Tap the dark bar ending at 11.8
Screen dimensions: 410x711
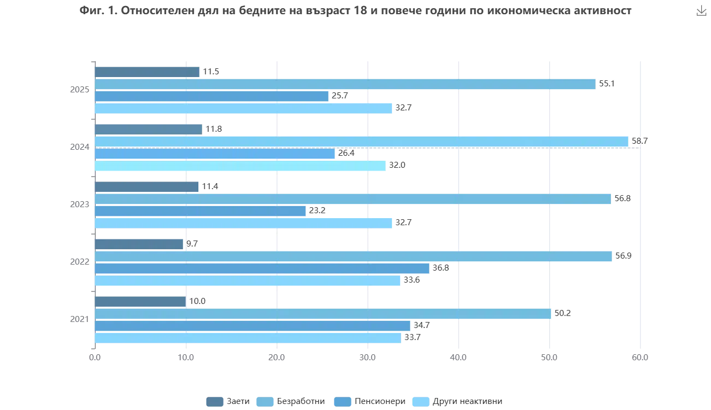click(149, 130)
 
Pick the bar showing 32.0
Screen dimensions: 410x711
click(241, 166)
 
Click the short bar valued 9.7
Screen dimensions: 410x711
click(139, 244)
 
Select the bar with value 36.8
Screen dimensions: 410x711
click(262, 268)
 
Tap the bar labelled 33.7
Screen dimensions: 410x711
click(248, 338)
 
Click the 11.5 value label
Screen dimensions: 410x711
click(211, 72)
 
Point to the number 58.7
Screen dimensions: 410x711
click(640, 141)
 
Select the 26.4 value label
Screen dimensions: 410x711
click(346, 153)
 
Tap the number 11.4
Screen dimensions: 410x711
click(210, 187)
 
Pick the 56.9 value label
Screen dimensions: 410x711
click(623, 256)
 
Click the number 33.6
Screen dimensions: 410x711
click(412, 280)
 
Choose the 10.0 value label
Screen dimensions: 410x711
click(197, 301)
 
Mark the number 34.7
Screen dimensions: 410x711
click(421, 325)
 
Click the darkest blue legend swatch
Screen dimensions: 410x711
click(215, 401)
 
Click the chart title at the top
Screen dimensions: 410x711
click(356, 11)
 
